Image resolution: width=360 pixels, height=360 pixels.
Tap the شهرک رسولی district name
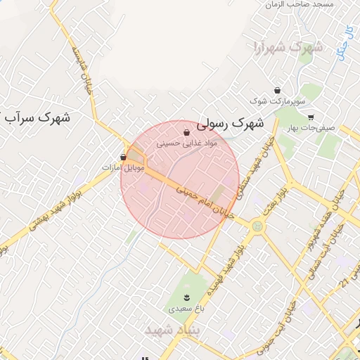(230, 123)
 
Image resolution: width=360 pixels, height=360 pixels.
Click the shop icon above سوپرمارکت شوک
(278, 91)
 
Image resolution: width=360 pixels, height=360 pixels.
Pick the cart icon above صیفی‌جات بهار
(311, 117)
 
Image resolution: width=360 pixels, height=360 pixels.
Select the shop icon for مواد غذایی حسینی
(186, 131)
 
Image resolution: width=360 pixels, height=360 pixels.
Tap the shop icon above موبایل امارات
(124, 157)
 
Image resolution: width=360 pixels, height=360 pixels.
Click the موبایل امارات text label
(124, 168)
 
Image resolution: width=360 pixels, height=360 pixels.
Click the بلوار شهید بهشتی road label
(55, 209)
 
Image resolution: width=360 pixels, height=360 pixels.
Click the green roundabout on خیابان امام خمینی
(257, 226)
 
